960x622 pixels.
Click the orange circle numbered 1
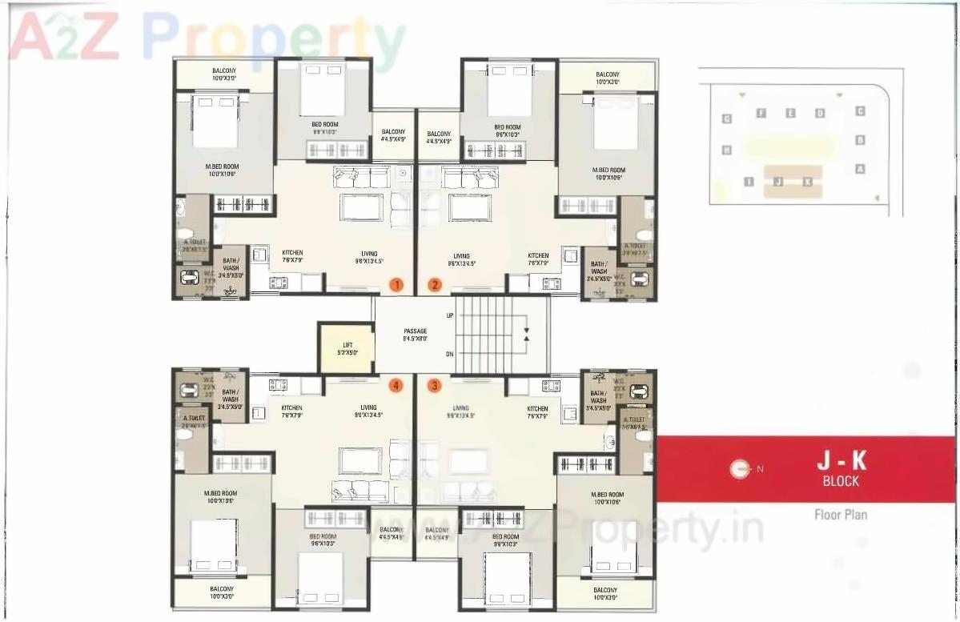[x=396, y=284]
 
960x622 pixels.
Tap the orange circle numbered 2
[x=435, y=284]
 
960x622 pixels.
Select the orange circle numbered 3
[x=435, y=386]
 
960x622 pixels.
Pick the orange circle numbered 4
[x=396, y=386]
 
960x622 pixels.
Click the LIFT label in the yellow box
[x=347, y=347]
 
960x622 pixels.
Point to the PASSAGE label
[x=415, y=331]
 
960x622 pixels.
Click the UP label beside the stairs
[x=450, y=315]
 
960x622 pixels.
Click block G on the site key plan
[x=727, y=119]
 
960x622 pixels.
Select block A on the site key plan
[x=861, y=169]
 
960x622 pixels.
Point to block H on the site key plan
[x=727, y=150]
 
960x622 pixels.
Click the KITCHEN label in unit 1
[x=292, y=253]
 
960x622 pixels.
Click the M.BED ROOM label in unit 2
[x=609, y=171]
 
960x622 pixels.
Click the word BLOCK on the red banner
[x=841, y=481]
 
